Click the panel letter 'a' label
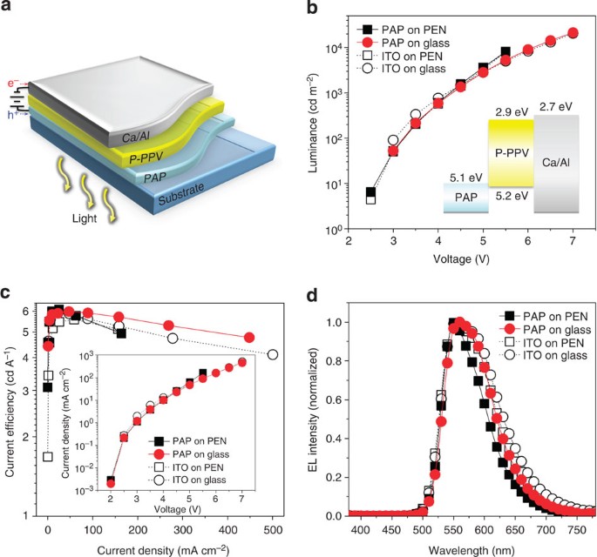click(x=8, y=8)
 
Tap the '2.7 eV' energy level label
click(x=555, y=106)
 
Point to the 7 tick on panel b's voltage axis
click(x=573, y=241)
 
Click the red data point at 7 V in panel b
click(x=573, y=33)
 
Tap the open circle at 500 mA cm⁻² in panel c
click(x=273, y=354)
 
